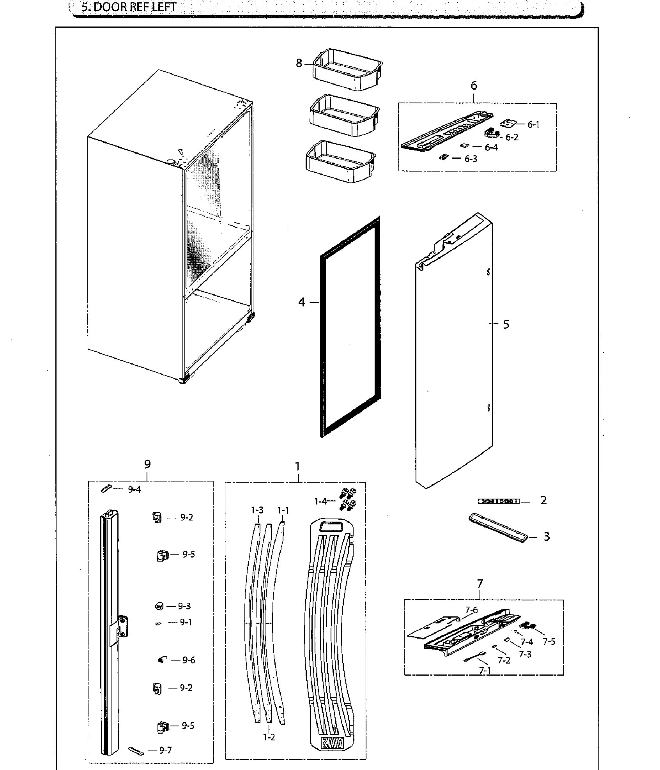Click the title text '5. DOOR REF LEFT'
point(129,7)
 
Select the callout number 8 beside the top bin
point(299,63)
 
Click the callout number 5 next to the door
point(506,324)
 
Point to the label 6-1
point(533,124)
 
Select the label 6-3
point(471,159)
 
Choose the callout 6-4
point(491,147)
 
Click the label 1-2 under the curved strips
point(269,737)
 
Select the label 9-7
point(165,750)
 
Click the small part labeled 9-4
point(106,489)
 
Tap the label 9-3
point(184,606)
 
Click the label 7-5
point(549,642)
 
